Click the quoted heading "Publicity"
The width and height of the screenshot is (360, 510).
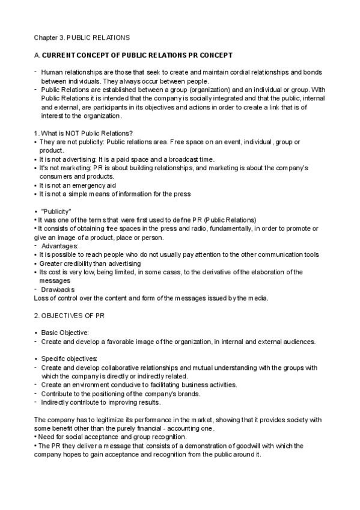tap(56, 211)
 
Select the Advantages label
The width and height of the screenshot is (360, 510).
tap(61, 246)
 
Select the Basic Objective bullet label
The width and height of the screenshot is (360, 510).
tap(65, 333)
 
